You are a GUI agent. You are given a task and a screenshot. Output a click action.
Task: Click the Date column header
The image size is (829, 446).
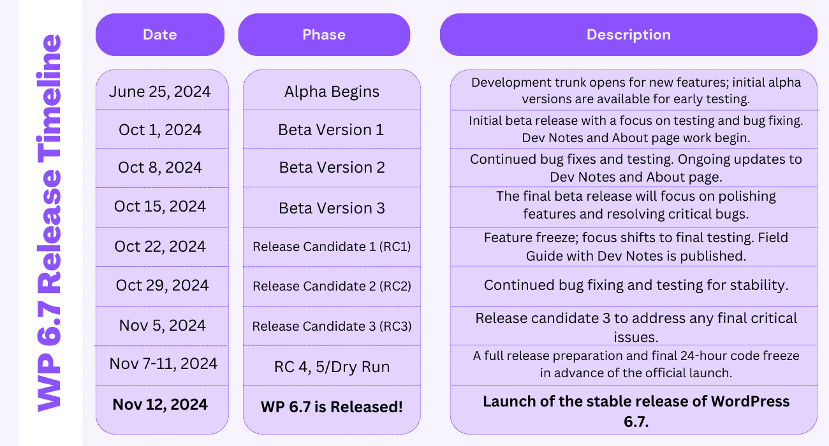tap(160, 35)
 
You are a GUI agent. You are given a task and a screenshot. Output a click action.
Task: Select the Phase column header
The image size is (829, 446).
tap(324, 35)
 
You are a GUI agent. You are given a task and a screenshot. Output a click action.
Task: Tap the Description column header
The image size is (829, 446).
tap(628, 35)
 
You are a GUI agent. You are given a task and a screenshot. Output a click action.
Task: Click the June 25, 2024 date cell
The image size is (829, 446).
tap(160, 92)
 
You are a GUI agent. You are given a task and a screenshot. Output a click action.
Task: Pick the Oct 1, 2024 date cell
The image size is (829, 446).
tap(160, 130)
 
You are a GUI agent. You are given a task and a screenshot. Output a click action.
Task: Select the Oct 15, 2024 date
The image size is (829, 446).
tap(160, 206)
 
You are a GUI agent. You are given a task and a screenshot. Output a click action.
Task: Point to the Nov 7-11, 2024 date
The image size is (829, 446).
tap(163, 364)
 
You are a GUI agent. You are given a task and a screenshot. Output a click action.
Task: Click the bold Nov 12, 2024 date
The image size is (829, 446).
tap(160, 404)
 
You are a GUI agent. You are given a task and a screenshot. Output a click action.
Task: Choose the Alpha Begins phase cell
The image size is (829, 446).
tap(332, 92)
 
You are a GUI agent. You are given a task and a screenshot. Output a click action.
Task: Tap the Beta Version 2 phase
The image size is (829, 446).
tap(332, 168)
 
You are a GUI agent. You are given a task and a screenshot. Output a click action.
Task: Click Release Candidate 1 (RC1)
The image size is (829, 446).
tap(332, 247)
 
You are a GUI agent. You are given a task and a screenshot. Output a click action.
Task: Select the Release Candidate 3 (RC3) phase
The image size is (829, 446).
tap(332, 326)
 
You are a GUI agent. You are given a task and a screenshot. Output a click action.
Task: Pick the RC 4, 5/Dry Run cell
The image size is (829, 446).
tap(332, 367)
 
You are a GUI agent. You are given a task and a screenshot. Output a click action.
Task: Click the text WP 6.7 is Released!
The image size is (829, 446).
tap(332, 406)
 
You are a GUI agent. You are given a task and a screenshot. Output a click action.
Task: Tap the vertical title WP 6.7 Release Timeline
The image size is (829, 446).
tap(49, 223)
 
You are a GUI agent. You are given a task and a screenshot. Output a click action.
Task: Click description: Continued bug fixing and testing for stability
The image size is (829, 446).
tap(636, 285)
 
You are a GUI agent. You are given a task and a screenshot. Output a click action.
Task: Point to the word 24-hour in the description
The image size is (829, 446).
tap(711, 356)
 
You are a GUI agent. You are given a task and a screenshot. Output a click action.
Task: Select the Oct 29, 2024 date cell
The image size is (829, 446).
tap(162, 285)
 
